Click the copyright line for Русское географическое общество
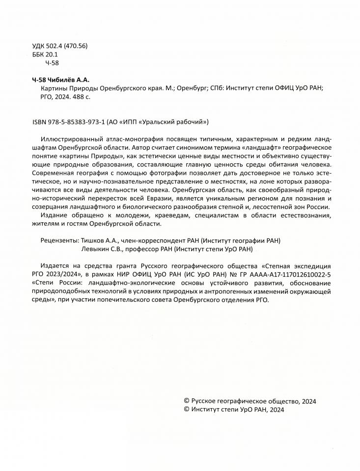pyautogui.click(x=249, y=401)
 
